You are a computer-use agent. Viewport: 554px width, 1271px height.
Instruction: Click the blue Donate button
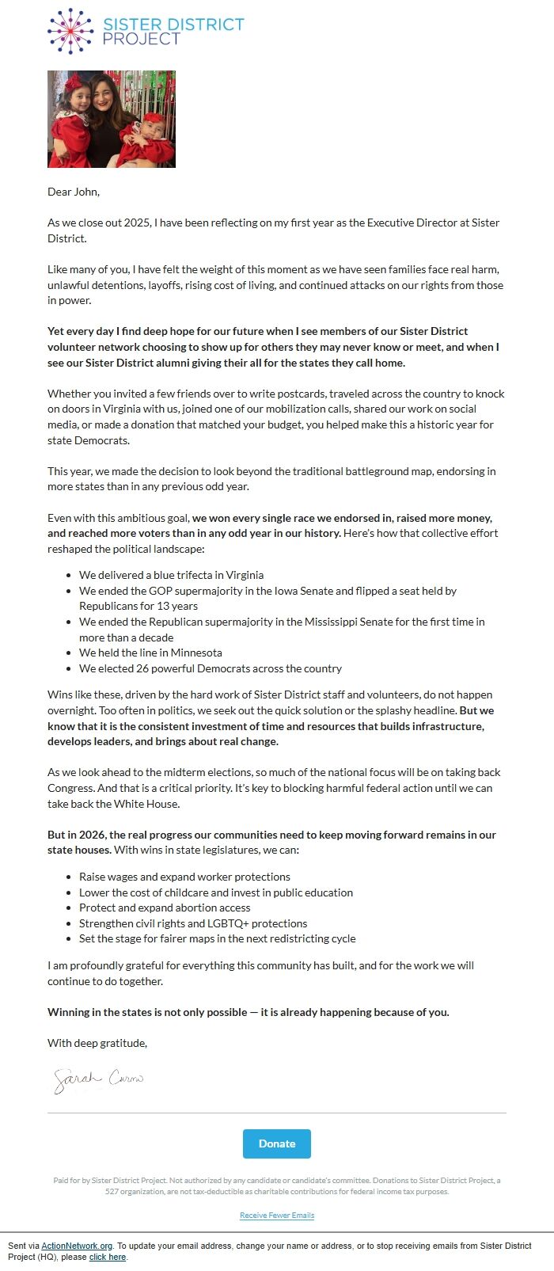(276, 1144)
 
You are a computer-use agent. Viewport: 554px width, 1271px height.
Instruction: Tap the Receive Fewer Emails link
(277, 1215)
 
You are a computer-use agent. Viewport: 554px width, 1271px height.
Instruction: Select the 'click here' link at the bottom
(108, 1257)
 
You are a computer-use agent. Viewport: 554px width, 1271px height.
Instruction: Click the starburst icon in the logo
(70, 31)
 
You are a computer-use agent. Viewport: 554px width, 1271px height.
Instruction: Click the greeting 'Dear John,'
(74, 192)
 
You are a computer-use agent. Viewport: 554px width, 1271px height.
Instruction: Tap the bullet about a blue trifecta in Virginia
(171, 575)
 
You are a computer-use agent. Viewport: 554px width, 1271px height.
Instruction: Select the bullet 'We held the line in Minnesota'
(150, 653)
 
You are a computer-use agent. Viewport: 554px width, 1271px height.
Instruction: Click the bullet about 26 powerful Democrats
(211, 668)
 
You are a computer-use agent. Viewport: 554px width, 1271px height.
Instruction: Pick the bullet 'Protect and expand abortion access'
(165, 908)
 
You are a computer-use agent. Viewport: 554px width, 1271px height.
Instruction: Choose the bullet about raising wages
(184, 877)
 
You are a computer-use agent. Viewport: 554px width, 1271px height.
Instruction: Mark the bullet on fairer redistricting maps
(217, 938)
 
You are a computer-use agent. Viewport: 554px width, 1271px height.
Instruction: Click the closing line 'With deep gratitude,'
(97, 1043)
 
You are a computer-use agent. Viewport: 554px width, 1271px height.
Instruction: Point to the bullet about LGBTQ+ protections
(193, 923)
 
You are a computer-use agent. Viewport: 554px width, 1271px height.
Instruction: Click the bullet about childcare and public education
(216, 892)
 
